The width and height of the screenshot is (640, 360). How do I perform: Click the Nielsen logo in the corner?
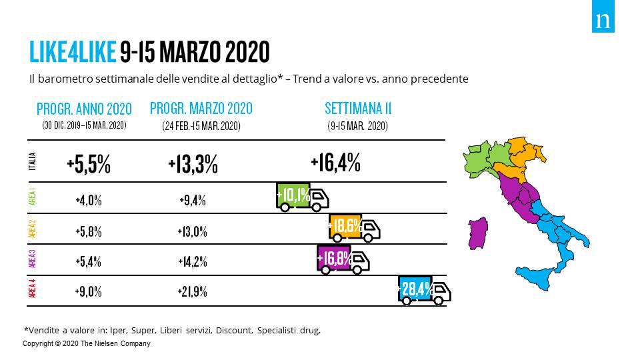(603, 21)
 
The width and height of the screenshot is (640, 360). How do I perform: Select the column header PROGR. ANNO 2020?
(84, 109)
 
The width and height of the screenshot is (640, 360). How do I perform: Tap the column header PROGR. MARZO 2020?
(201, 108)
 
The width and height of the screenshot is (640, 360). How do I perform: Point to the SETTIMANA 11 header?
(358, 108)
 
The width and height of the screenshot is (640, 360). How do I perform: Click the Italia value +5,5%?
(89, 164)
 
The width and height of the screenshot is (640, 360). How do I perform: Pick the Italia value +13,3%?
(193, 164)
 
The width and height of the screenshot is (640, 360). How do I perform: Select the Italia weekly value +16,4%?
(335, 162)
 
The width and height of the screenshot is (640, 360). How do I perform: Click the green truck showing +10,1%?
(303, 197)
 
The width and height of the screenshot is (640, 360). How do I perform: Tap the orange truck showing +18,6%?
(354, 227)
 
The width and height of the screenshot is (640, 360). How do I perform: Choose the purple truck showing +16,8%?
(343, 259)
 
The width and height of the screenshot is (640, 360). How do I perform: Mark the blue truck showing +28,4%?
(424, 291)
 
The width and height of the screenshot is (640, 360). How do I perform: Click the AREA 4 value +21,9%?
(192, 292)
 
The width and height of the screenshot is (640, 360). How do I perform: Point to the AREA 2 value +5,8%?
(88, 231)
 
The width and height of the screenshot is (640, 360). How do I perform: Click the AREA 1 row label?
(33, 198)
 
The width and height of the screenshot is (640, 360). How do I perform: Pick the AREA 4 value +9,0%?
(88, 292)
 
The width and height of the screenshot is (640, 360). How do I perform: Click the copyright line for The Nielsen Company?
(87, 344)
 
